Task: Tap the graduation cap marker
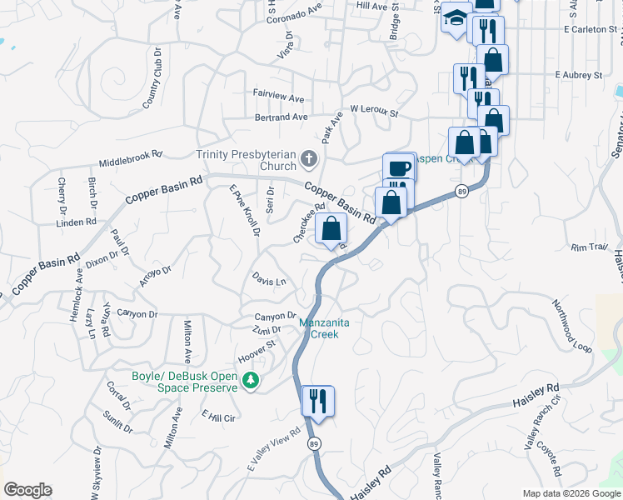tap(456, 20)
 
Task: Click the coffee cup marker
tap(400, 167)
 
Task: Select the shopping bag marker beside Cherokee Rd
tap(331, 228)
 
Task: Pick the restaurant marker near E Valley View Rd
tap(317, 401)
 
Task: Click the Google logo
tap(27, 490)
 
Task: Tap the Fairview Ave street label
tap(279, 97)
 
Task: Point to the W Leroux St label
tap(375, 109)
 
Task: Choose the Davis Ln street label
tap(269, 282)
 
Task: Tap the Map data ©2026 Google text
tap(571, 493)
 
